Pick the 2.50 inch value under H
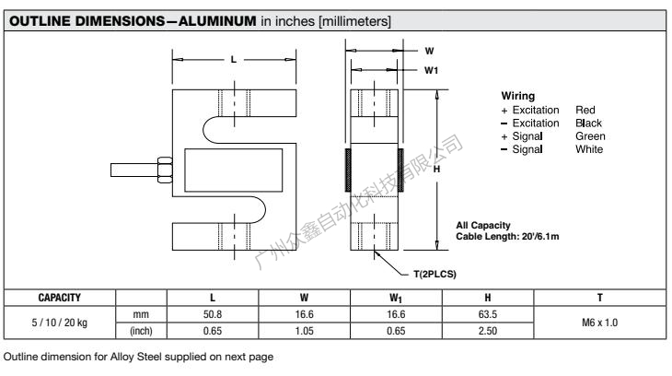point(489,329)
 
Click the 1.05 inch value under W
point(306,329)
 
